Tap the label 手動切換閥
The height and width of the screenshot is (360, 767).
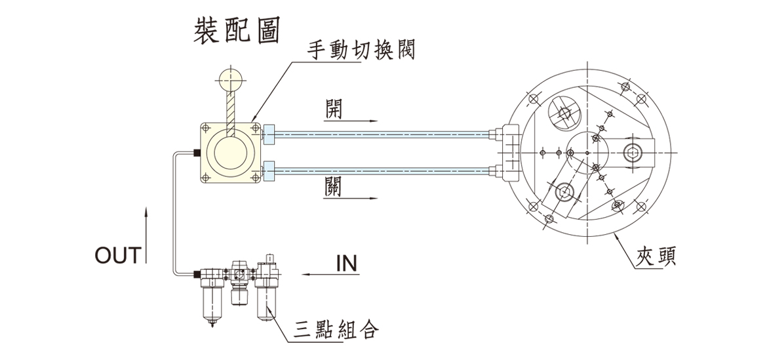361,50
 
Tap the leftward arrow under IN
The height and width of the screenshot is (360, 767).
328,274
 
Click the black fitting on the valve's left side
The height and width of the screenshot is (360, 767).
196,153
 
